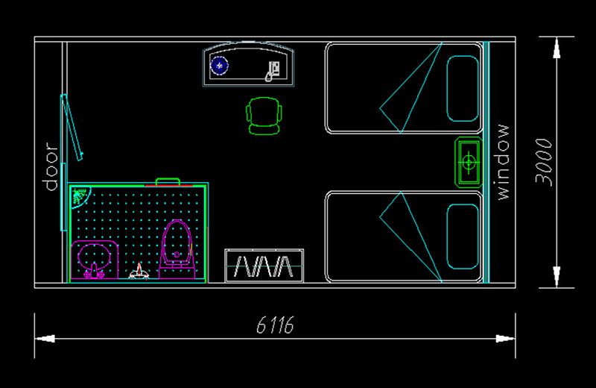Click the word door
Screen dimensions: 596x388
pyautogui.click(x=51, y=166)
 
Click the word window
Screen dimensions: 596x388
pyautogui.click(x=502, y=162)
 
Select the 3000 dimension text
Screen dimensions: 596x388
pyautogui.click(x=544, y=162)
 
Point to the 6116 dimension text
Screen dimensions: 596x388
pyautogui.click(x=275, y=325)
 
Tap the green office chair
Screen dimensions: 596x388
pyautogui.click(x=264, y=116)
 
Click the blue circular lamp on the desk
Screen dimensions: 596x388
pyautogui.click(x=219, y=66)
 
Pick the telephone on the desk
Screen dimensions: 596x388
pyautogui.click(x=272, y=71)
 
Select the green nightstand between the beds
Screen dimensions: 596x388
pyautogui.click(x=469, y=162)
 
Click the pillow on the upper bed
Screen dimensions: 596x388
pyautogui.click(x=463, y=88)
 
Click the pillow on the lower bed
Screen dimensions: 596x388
pyautogui.click(x=463, y=237)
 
